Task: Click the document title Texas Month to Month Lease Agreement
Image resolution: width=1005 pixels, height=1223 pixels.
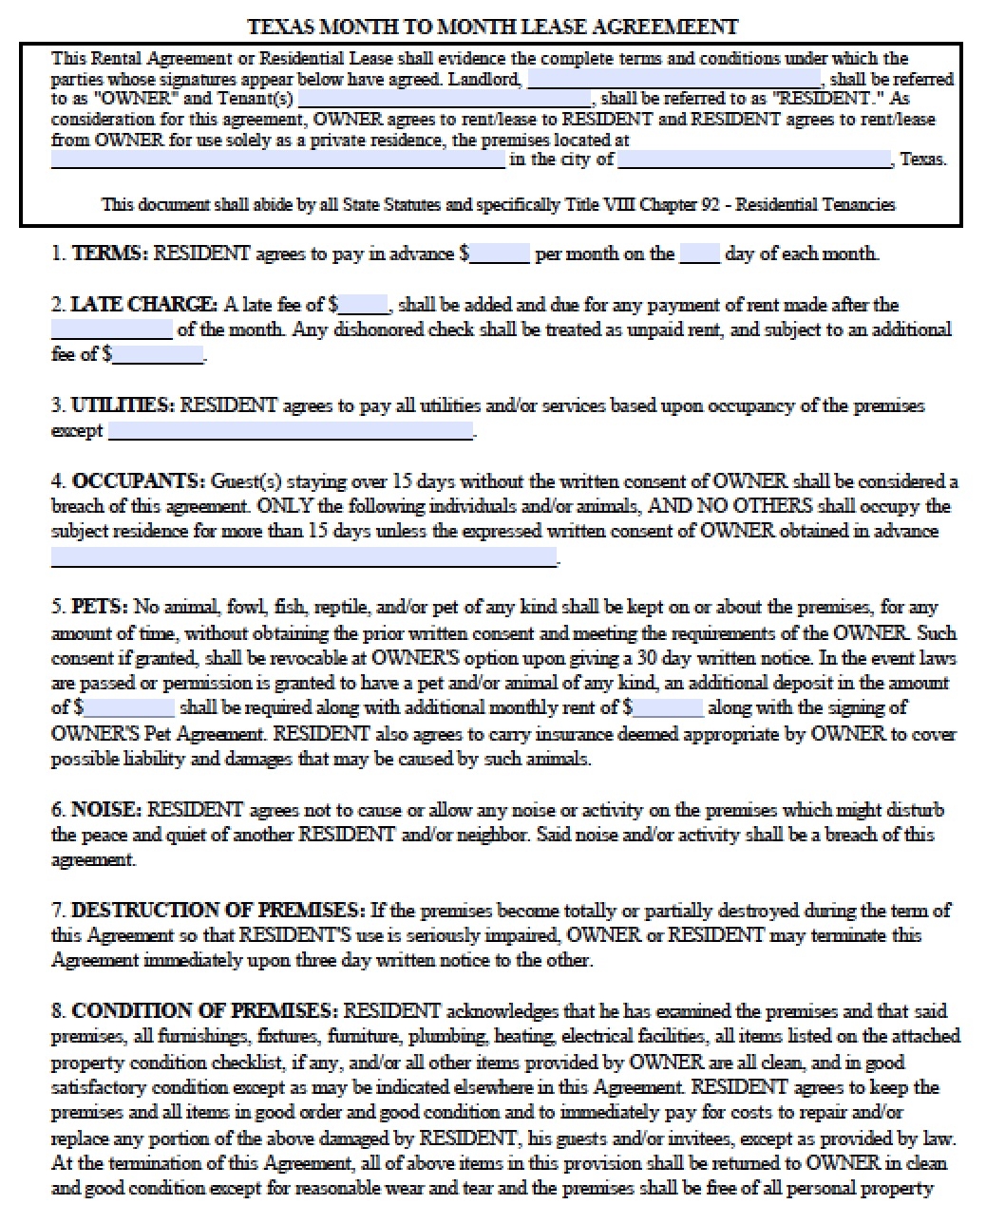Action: point(491,27)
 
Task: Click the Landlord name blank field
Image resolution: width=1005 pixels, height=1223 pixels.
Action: point(673,79)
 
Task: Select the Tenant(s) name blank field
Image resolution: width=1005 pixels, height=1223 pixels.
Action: point(445,99)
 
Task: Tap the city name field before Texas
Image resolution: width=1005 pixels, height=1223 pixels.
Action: point(754,160)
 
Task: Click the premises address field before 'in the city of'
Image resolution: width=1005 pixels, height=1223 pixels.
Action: point(277,160)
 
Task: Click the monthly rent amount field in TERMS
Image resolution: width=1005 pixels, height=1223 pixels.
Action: point(499,254)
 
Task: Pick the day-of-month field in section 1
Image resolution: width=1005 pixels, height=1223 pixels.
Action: point(699,254)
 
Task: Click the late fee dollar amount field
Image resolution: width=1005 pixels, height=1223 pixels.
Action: point(364,306)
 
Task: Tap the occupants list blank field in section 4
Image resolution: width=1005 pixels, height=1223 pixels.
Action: point(303,557)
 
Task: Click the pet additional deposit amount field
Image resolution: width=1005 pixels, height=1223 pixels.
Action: point(128,708)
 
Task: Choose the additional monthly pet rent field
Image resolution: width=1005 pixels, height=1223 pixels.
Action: point(668,708)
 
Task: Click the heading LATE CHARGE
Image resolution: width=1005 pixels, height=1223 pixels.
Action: point(143,305)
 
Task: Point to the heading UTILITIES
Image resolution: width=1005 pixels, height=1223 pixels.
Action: point(123,405)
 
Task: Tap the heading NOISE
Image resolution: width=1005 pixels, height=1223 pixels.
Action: point(106,810)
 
